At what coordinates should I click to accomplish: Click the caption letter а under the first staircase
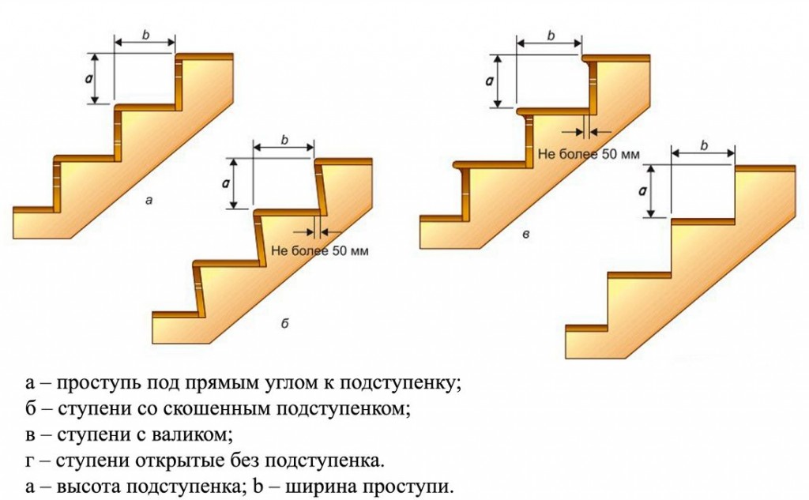pos(149,201)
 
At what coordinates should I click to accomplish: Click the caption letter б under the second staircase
pos(284,324)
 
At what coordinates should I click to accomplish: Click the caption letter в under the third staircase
pos(525,235)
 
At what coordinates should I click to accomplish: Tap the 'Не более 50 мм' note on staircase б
pos(320,251)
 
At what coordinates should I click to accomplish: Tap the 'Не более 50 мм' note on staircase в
pos(589,154)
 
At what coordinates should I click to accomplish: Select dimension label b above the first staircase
pos(145,35)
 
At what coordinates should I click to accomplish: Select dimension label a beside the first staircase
pos(88,78)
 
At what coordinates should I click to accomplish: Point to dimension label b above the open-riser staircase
pos(704,145)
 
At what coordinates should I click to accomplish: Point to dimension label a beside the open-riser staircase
pos(643,191)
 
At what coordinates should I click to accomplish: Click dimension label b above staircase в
pos(551,36)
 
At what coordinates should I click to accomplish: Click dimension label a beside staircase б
pos(225,183)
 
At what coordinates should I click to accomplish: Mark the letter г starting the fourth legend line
pos(30,461)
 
